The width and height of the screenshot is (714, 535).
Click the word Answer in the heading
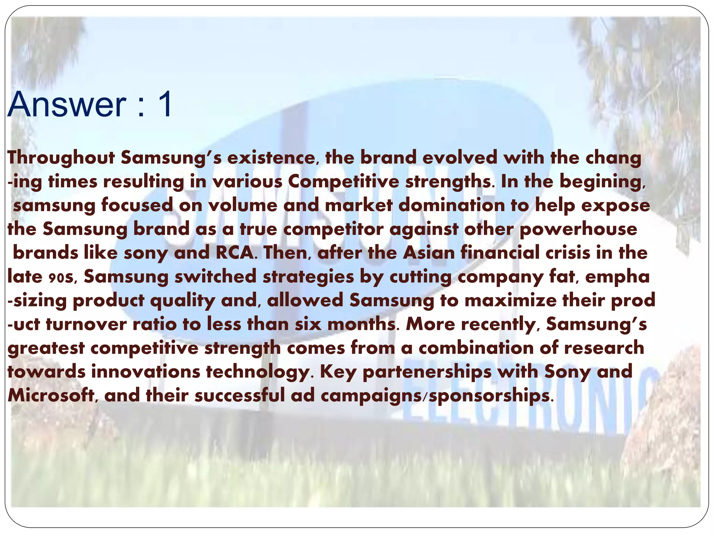pyautogui.click(x=67, y=105)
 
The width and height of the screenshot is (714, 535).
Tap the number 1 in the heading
pyautogui.click(x=164, y=105)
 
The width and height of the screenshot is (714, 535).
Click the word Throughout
pyautogui.click(x=61, y=158)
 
